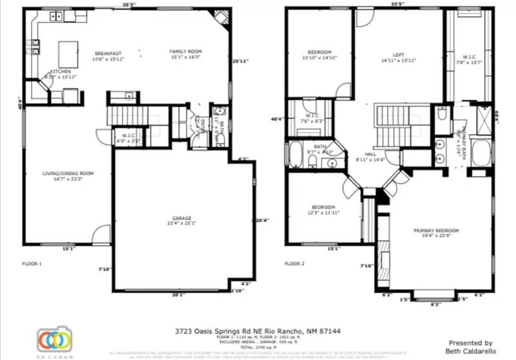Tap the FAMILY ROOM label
186,52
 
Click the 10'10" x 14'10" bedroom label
319,52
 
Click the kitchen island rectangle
69,51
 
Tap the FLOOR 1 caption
32,263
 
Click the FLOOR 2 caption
294,263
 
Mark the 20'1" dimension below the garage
179,295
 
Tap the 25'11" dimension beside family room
240,61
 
